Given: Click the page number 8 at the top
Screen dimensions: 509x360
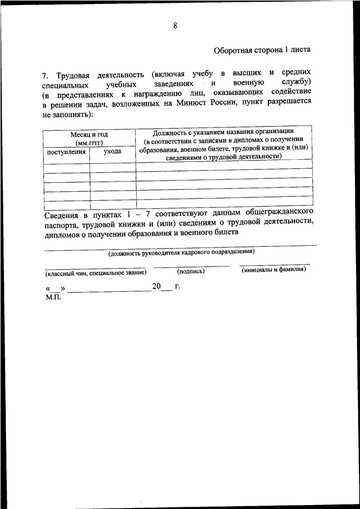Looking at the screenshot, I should point(175,25).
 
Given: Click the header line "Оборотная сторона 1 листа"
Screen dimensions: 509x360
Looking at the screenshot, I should point(262,50).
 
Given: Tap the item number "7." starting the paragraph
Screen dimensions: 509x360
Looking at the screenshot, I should point(46,75).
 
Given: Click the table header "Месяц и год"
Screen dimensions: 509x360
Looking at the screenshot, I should point(89,134).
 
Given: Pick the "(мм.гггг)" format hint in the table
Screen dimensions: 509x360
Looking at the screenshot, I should point(89,143).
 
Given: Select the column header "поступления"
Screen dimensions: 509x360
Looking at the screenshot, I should point(66,152).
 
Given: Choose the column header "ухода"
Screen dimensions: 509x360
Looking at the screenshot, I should point(112,152).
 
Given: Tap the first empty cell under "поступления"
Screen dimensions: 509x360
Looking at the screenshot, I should point(66,166).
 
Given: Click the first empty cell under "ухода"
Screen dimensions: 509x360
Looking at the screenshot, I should point(112,166).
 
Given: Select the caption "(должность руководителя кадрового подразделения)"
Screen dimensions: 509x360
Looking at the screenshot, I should point(182,253).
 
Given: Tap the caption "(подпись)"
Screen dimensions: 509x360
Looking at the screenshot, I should point(191,271).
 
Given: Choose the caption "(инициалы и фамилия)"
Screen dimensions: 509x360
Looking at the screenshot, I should point(274,269).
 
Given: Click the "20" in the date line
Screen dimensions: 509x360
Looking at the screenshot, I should point(156,287).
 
